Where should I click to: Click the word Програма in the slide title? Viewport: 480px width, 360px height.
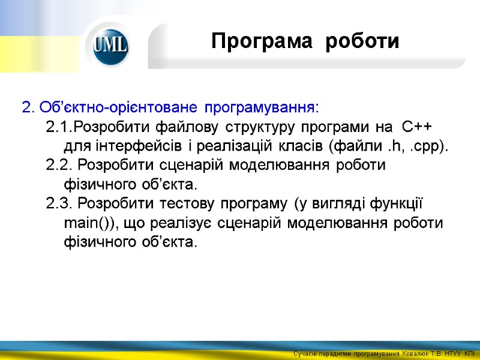pos(262,41)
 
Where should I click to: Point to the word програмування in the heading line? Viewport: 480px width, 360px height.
pos(259,108)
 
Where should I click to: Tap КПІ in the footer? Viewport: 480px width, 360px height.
pos(470,355)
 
